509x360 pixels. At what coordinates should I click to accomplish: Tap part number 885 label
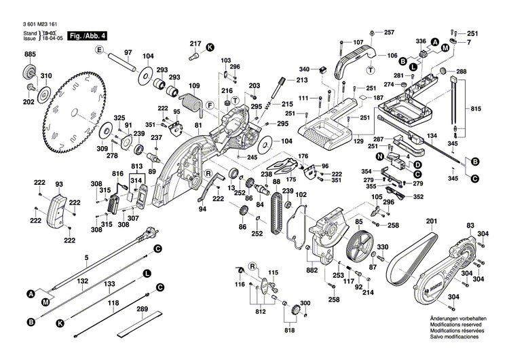(x=29, y=54)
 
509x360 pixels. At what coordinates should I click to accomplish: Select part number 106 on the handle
(x=392, y=56)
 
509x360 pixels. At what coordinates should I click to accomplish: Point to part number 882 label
(x=312, y=270)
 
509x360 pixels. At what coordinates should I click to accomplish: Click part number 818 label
(x=290, y=329)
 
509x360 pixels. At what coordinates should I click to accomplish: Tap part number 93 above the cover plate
(x=59, y=184)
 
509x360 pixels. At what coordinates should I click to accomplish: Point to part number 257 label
(x=389, y=33)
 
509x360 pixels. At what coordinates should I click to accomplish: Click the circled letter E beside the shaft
(x=98, y=50)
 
